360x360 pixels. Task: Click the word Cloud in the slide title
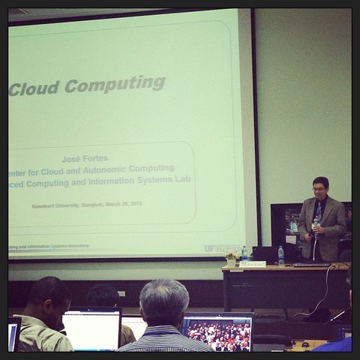pyautogui.click(x=34, y=87)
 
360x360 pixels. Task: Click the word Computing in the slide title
pyautogui.click(x=115, y=83)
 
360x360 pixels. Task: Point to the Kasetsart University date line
pyautogui.click(x=86, y=204)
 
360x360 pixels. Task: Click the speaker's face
pyautogui.click(x=320, y=188)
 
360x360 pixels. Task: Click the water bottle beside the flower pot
pyautogui.click(x=244, y=253)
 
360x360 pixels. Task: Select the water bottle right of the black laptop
pyautogui.click(x=281, y=255)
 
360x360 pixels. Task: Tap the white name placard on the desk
pyautogui.click(x=253, y=264)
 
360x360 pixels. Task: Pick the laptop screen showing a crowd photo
pyautogui.click(x=218, y=333)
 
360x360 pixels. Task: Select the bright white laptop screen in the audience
pyautogui.click(x=91, y=330)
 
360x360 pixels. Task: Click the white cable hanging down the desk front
pyautogui.click(x=325, y=289)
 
